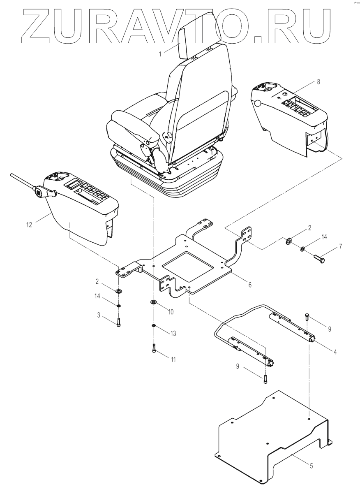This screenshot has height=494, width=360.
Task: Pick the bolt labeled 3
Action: coord(118,322)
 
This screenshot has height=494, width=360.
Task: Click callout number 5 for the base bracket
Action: coord(311,466)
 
